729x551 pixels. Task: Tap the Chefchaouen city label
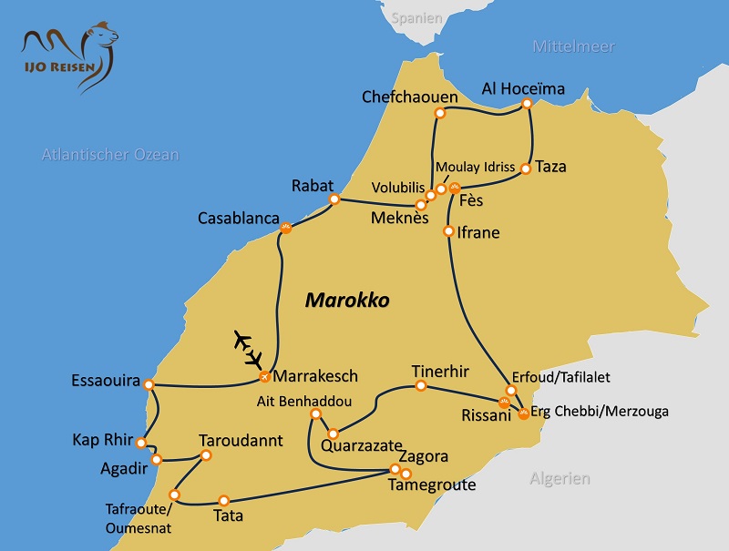404,97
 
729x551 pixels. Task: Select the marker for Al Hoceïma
527,105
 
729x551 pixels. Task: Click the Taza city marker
525,168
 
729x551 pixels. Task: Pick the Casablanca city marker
285,228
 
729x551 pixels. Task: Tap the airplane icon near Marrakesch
247,347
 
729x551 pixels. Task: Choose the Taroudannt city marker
206,455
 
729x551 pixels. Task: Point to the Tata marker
223,500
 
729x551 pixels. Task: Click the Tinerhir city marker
421,386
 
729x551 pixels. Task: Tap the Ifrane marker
448,231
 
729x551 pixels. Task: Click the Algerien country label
560,478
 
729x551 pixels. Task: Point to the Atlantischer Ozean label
110,155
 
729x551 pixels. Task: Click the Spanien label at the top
416,17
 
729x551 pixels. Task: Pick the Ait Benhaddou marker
315,414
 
